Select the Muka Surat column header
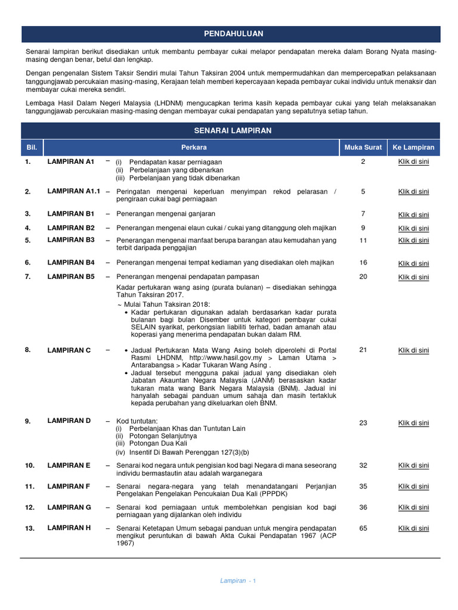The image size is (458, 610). tap(363, 148)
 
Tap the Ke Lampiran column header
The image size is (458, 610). tap(413, 148)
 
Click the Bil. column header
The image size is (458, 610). tap(32, 148)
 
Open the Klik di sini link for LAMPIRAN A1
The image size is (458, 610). tap(413, 161)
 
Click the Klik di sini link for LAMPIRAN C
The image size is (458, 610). tap(413, 350)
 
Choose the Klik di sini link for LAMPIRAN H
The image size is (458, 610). tap(413, 528)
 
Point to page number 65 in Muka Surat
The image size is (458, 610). tap(363, 528)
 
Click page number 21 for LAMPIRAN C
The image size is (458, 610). tap(363, 350)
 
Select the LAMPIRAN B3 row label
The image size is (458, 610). tap(71, 239)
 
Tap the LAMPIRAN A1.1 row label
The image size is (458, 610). tap(73, 191)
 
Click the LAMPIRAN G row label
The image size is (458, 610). tap(69, 507)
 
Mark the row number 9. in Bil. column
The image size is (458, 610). tap(28, 421)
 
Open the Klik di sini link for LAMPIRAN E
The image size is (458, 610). tap(413, 466)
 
